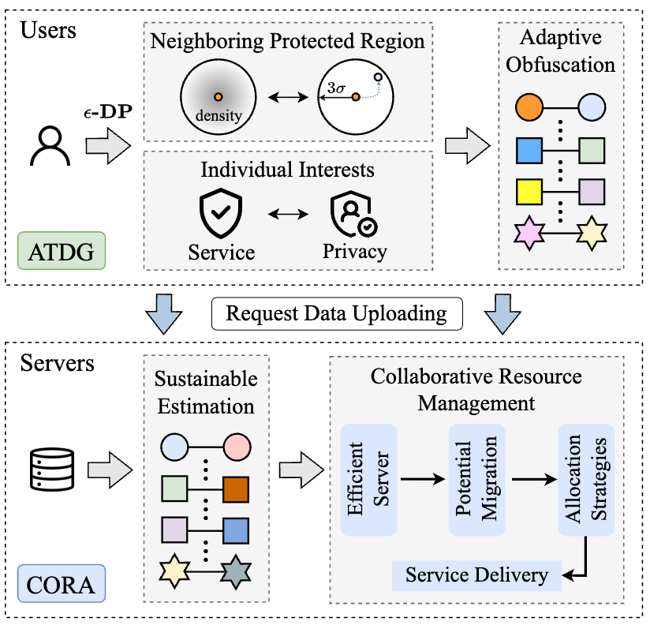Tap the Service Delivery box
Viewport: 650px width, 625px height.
476,575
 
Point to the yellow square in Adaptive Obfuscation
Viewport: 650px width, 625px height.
528,191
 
